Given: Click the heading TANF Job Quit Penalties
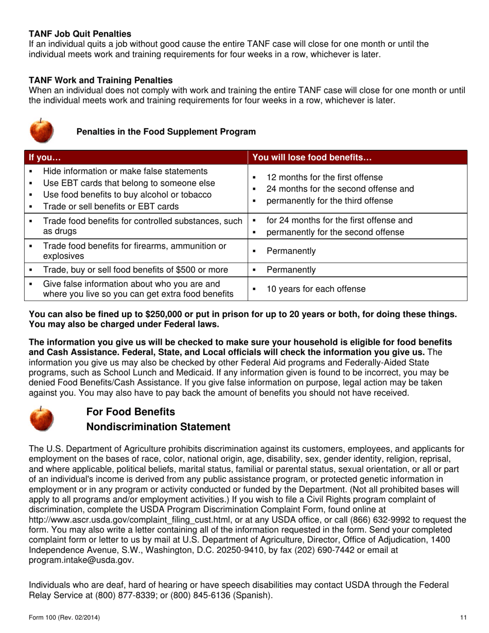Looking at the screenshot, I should [x=80, y=34].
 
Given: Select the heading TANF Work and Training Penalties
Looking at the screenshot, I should [x=100, y=80].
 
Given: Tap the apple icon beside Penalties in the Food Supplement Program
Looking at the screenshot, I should [x=41, y=131].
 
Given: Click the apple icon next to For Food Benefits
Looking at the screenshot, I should [x=41, y=418].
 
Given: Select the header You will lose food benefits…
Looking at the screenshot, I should [x=312, y=157].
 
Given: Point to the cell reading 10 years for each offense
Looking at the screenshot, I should [x=316, y=289].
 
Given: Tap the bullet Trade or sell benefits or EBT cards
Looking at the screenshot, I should [x=111, y=207].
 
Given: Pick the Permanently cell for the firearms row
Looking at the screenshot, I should [x=291, y=251].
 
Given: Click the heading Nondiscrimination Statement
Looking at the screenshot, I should [x=158, y=427].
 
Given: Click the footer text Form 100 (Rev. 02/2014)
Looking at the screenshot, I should [x=64, y=617].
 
